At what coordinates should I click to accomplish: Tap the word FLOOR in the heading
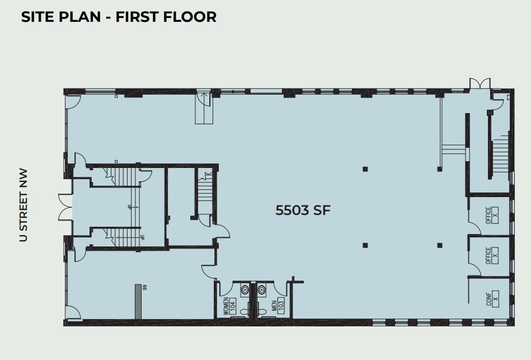(x=190, y=17)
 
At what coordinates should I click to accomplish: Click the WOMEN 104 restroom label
(x=229, y=307)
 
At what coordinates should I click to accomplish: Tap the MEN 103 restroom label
(x=278, y=306)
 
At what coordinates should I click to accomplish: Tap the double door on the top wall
(x=479, y=83)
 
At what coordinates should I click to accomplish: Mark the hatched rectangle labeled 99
(x=138, y=302)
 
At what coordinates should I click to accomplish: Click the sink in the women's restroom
(x=245, y=290)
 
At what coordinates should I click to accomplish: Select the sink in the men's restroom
(x=261, y=290)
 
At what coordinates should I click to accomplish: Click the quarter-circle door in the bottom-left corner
(x=72, y=312)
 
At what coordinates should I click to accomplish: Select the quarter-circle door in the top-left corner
(x=73, y=102)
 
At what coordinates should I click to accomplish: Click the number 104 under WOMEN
(x=233, y=307)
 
